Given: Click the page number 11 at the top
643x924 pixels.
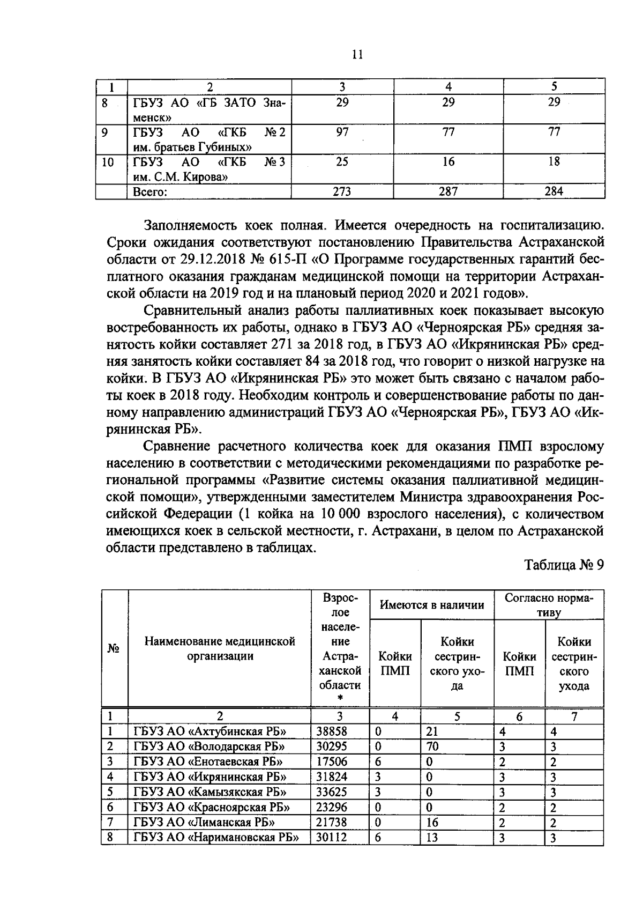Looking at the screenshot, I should coord(358,55).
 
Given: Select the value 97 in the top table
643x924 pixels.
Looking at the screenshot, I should coord(342,132).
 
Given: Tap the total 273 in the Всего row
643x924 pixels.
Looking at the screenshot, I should coord(342,191).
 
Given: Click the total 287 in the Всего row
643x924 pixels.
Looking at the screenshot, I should coord(448,191).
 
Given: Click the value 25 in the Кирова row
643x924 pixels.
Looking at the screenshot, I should coord(342,162).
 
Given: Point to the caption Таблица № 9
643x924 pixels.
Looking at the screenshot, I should coord(564,565).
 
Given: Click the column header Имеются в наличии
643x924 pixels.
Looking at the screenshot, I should coord(432,605).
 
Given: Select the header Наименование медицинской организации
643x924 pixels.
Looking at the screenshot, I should coord(220,649).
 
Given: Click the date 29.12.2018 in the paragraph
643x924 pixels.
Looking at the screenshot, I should coord(216,260).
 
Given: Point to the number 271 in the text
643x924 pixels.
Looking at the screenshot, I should coord(283,344).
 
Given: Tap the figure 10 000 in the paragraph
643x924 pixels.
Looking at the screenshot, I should coord(340,514).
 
